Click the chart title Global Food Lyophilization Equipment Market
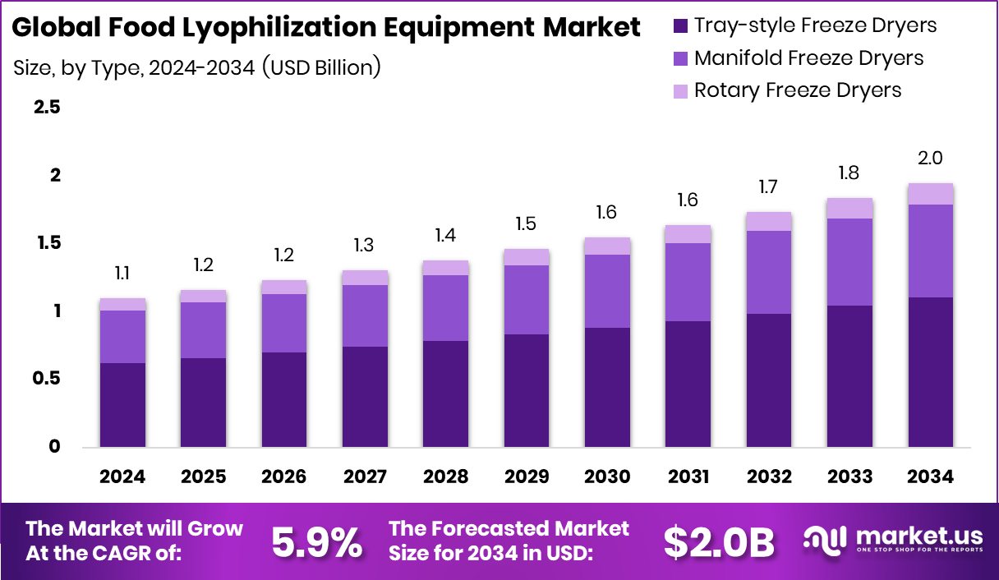[326, 28]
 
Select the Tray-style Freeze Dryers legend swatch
[680, 25]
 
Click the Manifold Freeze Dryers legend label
[808, 58]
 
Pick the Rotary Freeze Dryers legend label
[797, 90]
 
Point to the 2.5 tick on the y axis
[46, 108]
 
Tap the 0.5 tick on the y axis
[46, 379]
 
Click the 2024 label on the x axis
[122, 477]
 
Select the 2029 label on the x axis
[527, 477]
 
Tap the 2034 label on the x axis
[930, 477]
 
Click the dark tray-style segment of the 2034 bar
[930, 372]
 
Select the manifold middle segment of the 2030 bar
[607, 291]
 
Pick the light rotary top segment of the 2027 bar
[365, 278]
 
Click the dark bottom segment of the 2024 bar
[122, 405]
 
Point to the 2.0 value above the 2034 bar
[930, 158]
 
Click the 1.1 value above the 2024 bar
[122, 274]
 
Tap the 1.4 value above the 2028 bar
[445, 236]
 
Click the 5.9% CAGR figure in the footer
[317, 542]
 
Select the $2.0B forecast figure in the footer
[719, 542]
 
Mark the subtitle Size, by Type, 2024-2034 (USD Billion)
[197, 67]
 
